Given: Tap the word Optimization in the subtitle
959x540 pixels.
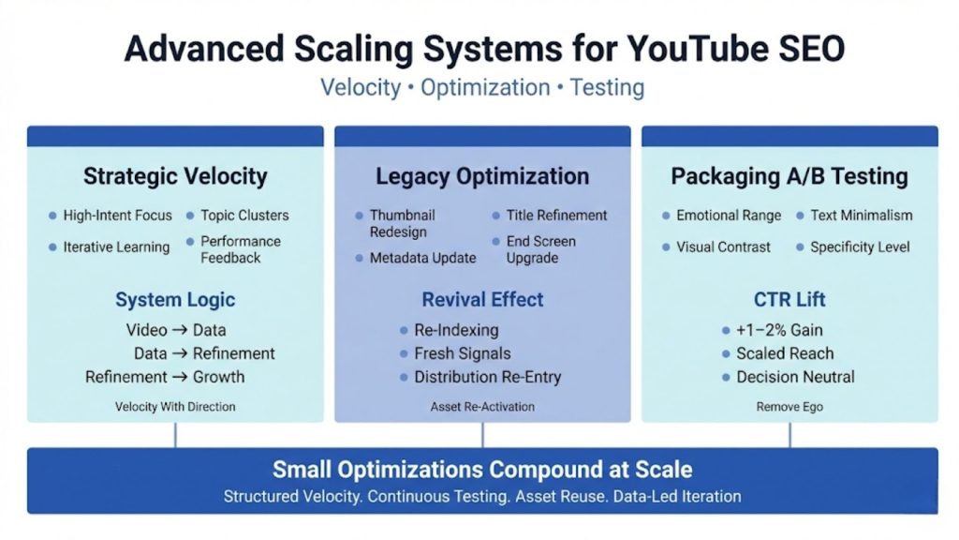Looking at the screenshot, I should click(x=485, y=88).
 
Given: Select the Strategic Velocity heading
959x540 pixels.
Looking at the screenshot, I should click(x=175, y=176).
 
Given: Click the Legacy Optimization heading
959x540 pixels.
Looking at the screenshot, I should click(x=482, y=176).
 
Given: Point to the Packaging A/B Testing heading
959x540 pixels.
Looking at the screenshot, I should click(x=789, y=176).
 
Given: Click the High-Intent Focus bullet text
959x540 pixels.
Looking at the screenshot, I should click(x=118, y=216).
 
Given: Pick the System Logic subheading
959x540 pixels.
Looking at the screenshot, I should click(x=175, y=301).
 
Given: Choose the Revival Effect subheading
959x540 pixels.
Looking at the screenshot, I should click(x=482, y=301).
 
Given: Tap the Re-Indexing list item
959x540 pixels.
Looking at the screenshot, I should click(x=456, y=330).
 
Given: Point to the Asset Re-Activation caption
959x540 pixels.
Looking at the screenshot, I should click(x=482, y=407).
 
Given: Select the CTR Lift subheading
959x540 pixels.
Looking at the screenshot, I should click(x=789, y=301).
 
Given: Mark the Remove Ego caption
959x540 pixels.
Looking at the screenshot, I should click(x=789, y=407).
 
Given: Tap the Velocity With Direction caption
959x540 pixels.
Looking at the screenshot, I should click(x=175, y=407).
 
